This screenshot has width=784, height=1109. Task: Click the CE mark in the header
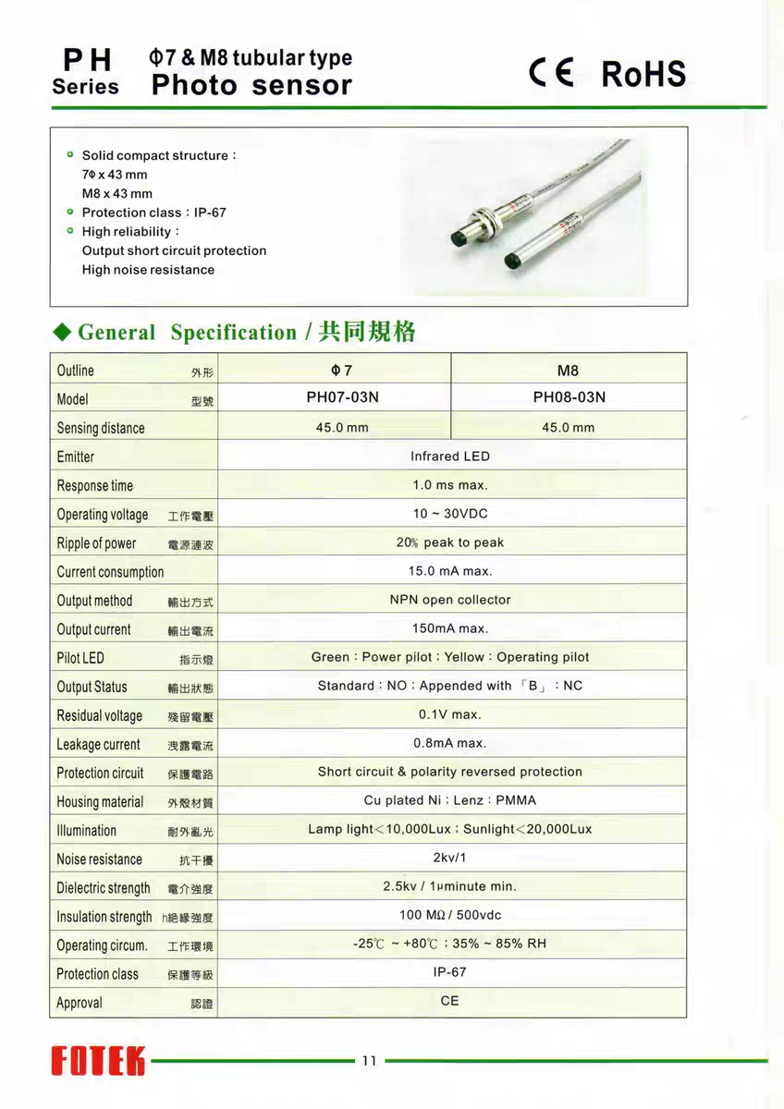551,72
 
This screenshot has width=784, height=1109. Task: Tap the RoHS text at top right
643,74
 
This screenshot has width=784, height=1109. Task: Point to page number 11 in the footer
369,1061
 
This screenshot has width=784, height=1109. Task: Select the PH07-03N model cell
342,398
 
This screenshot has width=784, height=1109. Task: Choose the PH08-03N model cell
569,398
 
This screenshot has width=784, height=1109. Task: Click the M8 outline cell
568,371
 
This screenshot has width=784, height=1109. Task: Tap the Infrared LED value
450,457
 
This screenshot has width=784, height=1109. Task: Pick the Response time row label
95,486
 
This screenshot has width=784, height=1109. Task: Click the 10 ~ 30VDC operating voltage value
450,514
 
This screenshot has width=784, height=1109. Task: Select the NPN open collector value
450,600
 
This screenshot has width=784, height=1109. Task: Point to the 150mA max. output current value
450,628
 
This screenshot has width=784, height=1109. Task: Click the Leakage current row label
99,745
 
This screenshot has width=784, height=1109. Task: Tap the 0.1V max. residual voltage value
450,714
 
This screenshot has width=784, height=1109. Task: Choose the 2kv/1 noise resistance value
450,858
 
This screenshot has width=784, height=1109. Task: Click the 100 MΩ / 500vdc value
450,915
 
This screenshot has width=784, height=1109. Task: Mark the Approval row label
80,1003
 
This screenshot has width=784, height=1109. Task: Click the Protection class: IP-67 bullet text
154,213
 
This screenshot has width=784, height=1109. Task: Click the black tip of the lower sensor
507,266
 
